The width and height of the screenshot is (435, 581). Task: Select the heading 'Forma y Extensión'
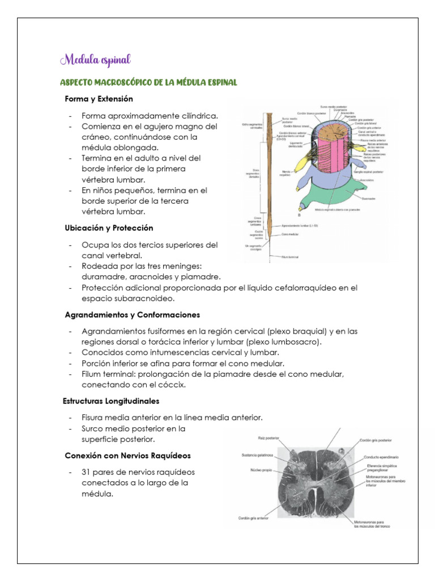99,99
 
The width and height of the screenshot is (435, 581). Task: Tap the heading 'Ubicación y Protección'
108,228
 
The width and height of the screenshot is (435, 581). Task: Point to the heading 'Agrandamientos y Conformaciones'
132,314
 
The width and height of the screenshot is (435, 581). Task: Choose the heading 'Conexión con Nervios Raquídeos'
127,456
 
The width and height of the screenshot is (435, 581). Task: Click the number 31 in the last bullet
87,472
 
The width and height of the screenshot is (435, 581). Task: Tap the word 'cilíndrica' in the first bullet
199,116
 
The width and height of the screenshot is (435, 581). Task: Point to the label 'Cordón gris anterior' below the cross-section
253,517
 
